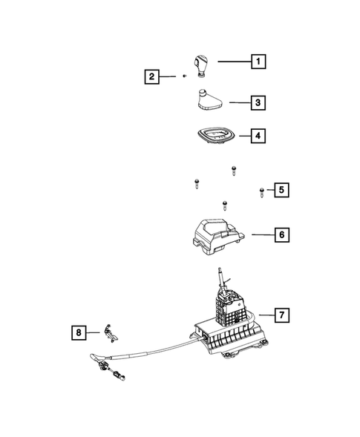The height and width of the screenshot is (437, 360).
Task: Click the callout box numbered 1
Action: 258,62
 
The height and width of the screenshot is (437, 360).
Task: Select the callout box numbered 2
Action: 151,76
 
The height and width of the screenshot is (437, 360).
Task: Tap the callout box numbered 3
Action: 258,102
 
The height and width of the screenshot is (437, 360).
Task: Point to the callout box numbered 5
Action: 281,191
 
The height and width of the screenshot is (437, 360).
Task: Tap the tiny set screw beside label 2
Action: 183,76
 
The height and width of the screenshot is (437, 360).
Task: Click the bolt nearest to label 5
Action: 262,192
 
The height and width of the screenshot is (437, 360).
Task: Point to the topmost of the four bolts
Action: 233,170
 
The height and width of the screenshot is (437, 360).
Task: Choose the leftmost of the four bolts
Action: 197,183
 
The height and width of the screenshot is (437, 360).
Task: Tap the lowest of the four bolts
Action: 223,204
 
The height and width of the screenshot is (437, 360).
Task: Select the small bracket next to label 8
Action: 110,332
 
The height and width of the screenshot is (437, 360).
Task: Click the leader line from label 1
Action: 233,62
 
